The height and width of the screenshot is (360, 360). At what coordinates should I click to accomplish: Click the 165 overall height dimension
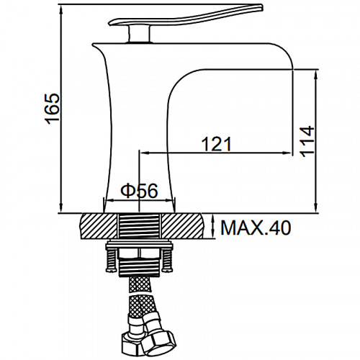(53, 109)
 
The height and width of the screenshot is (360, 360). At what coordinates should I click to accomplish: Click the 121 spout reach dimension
(217, 144)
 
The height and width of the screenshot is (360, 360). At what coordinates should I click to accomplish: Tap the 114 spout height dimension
(307, 141)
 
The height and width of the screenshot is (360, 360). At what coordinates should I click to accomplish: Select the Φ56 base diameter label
(139, 191)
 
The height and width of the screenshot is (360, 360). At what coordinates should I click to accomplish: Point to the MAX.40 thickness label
(256, 228)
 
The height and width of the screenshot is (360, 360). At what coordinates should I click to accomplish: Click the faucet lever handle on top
(186, 15)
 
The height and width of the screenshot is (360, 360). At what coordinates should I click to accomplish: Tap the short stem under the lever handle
(139, 34)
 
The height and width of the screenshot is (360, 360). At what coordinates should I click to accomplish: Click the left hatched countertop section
(99, 226)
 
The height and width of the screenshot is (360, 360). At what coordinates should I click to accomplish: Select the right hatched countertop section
(182, 226)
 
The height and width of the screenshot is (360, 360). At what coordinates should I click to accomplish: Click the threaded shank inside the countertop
(140, 226)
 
